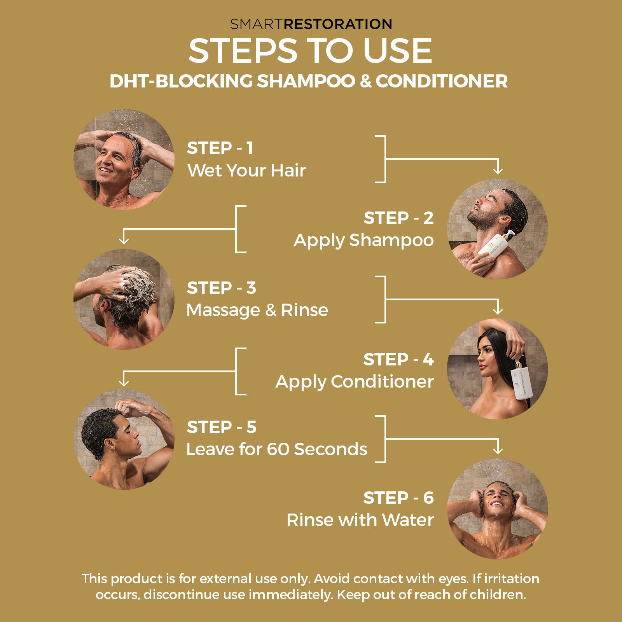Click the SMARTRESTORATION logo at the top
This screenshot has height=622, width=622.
[x=311, y=24]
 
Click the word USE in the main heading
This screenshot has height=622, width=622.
[x=398, y=51]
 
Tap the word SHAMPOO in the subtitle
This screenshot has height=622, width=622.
[x=306, y=81]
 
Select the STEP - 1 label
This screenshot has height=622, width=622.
[x=220, y=148]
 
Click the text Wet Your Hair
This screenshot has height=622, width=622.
[x=246, y=170]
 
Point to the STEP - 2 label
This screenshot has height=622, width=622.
[x=398, y=218]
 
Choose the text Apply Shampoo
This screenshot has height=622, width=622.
[x=363, y=241]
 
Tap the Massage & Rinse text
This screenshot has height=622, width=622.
[x=257, y=310]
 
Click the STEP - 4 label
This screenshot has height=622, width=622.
[x=398, y=359]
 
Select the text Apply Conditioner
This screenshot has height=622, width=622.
[x=355, y=382]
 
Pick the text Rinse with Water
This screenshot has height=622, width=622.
[x=360, y=520]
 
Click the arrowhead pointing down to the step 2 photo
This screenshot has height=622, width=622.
[x=498, y=170]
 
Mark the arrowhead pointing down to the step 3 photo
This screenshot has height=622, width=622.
[x=124, y=240]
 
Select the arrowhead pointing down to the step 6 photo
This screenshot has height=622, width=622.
[x=498, y=450]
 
